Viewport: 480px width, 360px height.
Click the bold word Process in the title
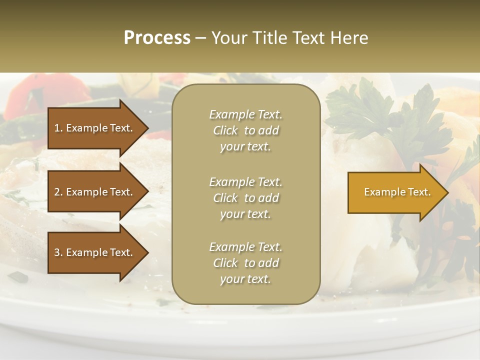point(157,38)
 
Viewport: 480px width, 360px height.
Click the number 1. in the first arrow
point(58,128)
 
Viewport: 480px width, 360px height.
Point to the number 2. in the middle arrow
point(58,192)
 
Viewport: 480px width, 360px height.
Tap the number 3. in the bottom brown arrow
point(58,252)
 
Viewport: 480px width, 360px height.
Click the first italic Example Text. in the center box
point(245,114)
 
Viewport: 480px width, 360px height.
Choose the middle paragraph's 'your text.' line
point(245,214)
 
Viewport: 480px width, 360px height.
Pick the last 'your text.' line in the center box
point(245,279)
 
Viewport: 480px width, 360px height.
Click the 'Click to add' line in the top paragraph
point(245,130)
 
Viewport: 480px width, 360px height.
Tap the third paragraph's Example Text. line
point(245,247)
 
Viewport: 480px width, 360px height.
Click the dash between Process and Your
point(200,38)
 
